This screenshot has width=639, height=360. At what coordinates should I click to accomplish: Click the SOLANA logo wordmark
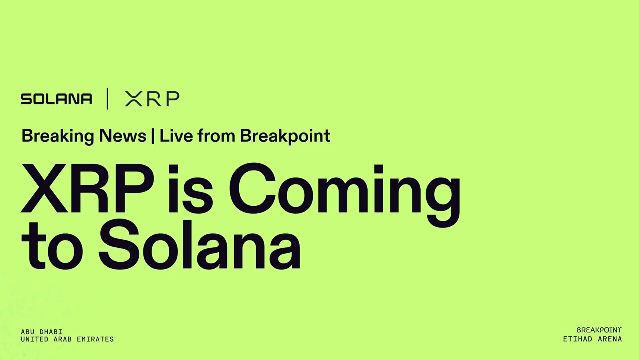[x=56, y=99]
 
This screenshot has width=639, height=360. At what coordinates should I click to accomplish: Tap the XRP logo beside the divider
[x=152, y=99]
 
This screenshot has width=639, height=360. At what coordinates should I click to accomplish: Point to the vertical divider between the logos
[x=107, y=99]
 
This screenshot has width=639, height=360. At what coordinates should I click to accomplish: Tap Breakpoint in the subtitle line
[x=285, y=136]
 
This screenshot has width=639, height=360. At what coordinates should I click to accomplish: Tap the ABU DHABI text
[x=41, y=332]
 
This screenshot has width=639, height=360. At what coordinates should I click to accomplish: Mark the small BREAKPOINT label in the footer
[x=599, y=330]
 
